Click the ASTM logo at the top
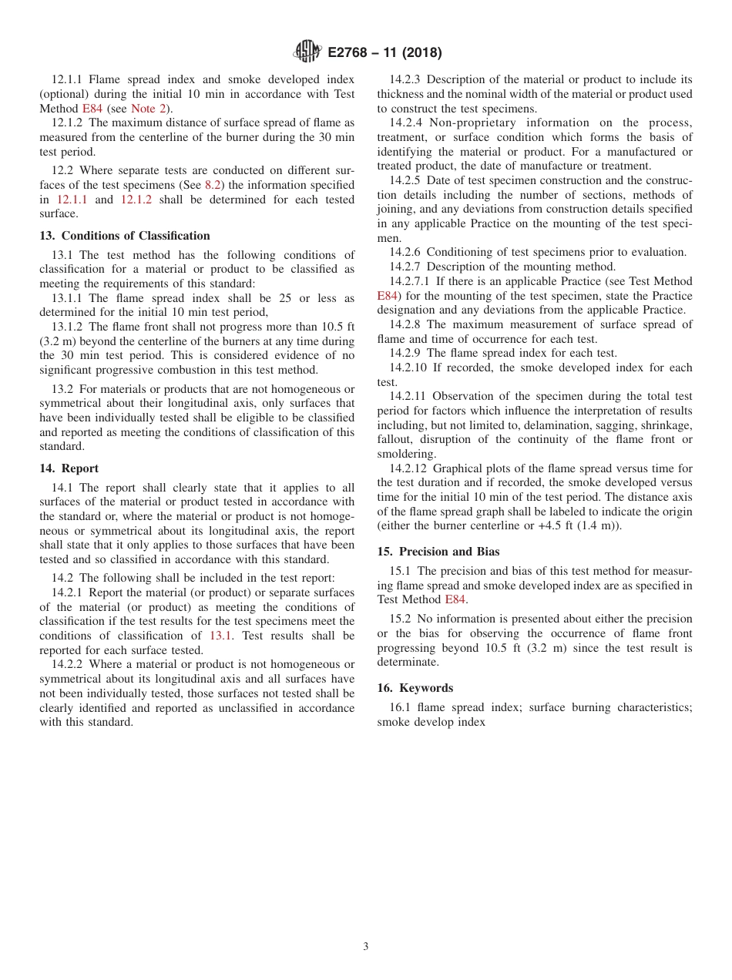tap(307, 52)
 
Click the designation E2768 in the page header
tap(351, 53)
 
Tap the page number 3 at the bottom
tap(366, 947)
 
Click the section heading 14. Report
tap(69, 468)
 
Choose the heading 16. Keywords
tap(415, 688)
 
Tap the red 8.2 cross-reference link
tap(213, 185)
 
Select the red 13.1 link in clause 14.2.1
tap(220, 636)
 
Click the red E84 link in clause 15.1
tap(455, 599)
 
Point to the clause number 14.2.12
tap(408, 468)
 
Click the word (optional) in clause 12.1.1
tap(65, 94)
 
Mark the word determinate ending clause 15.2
tap(408, 662)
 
